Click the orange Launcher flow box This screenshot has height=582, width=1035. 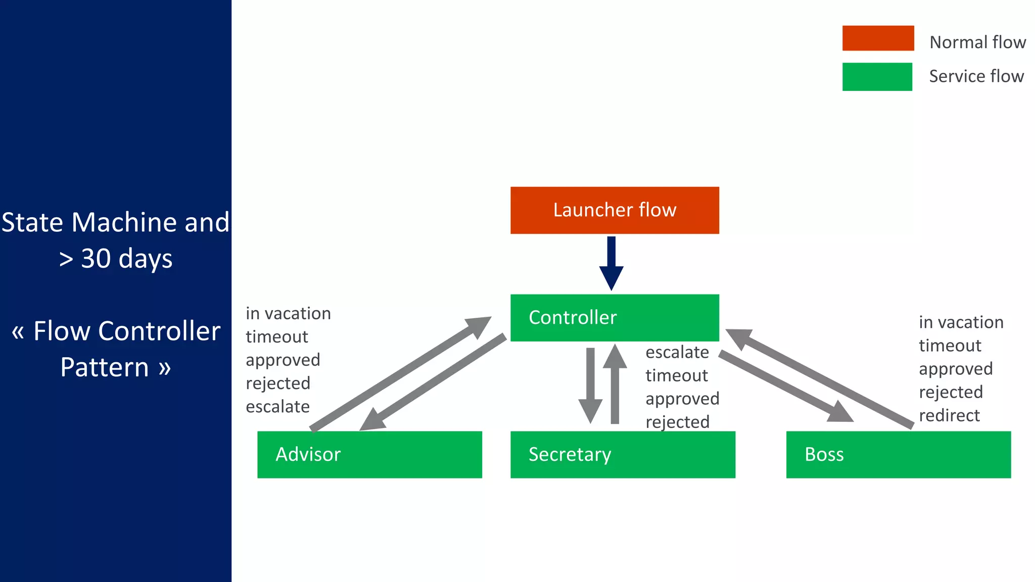pos(615,210)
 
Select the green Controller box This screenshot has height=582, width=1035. pos(615,317)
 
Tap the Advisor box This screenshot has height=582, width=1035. pos(369,454)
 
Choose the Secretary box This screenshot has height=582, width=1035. pos(623,454)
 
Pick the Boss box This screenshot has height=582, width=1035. pos(898,454)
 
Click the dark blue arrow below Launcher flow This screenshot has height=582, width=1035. pos(611,263)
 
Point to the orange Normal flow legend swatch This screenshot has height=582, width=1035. pos(878,38)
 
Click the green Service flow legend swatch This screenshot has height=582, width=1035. pos(877,77)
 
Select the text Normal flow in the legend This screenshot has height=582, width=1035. pos(977,42)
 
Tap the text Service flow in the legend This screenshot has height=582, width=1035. pos(976,76)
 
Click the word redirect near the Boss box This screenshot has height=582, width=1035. pos(949,415)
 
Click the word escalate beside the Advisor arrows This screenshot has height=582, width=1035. pos(277,407)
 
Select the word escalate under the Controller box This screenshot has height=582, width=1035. pos(677,352)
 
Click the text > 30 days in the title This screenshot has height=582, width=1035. pos(116,259)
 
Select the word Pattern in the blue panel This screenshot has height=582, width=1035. pos(105,367)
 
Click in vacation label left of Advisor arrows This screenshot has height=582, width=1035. pos(288,314)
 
